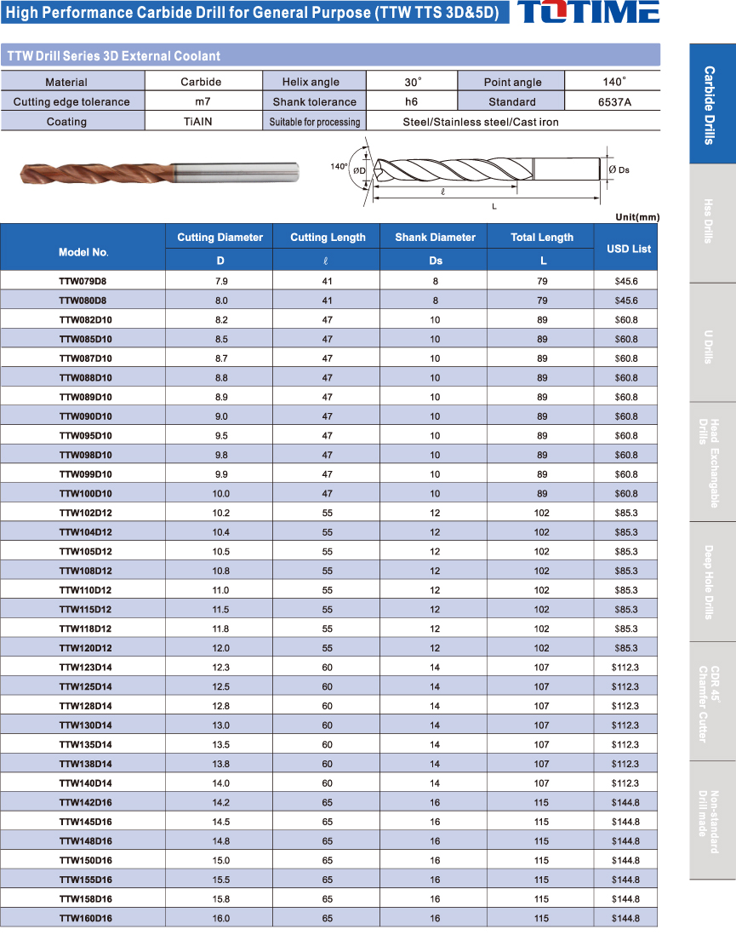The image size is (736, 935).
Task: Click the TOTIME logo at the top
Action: click(588, 13)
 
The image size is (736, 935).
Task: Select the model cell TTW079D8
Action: click(83, 281)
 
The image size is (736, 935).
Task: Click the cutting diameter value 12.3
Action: click(220, 667)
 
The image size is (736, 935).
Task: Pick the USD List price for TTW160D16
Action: click(625, 918)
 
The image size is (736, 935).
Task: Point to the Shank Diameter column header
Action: click(435, 238)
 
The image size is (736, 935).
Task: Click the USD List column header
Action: click(628, 249)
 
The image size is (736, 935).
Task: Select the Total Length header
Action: click(542, 238)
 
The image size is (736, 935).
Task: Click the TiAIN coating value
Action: click(199, 122)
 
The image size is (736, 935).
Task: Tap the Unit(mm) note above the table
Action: click(636, 217)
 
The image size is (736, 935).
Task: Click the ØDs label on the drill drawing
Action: click(619, 170)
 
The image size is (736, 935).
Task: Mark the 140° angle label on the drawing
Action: click(339, 167)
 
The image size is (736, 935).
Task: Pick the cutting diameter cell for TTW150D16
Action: click(220, 860)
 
